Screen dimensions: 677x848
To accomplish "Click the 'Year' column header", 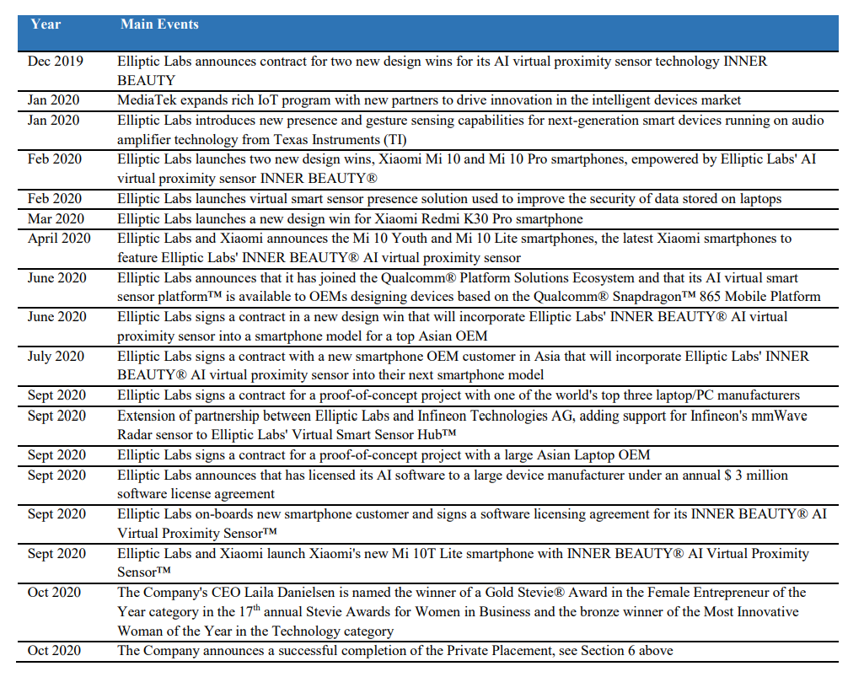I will point(46,24).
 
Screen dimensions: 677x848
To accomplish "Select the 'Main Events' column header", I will point(159,24).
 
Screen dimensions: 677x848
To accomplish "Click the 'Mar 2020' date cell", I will point(55,218).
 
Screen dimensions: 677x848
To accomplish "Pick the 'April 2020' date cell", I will point(59,239).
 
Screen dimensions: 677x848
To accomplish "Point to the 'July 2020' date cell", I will point(56,357).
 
